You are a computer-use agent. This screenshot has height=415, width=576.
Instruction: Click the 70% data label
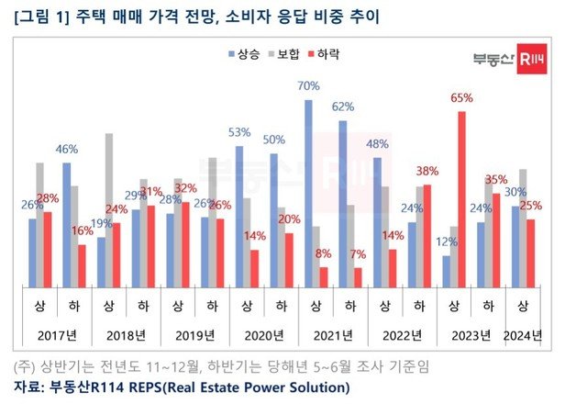[308, 85]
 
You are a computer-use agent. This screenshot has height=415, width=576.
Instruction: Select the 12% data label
[446, 241]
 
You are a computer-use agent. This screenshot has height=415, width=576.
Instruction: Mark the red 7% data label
[357, 253]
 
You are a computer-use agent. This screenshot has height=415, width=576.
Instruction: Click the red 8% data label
[323, 252]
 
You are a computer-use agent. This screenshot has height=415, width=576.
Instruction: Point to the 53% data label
[239, 132]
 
